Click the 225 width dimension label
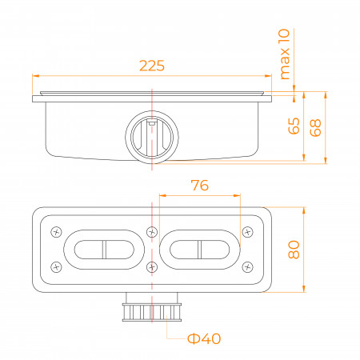click(x=152, y=66)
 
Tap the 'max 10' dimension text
click(x=284, y=54)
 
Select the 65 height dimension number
click(x=294, y=126)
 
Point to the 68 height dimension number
click(x=315, y=128)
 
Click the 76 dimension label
click(x=200, y=186)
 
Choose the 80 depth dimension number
click(x=294, y=250)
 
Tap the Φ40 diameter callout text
click(x=204, y=338)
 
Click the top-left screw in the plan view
click(x=56, y=232)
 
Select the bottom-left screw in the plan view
click(x=56, y=267)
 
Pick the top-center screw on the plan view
click(x=152, y=232)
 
